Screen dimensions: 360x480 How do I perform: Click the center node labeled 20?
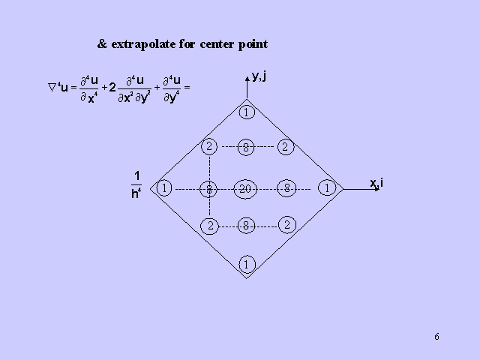[246, 189]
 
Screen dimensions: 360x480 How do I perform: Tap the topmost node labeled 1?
[247, 113]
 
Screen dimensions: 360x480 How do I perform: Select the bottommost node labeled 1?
[247, 263]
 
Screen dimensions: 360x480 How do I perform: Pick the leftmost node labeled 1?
[164, 188]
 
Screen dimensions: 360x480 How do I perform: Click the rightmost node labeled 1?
[327, 188]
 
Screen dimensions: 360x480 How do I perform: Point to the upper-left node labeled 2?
[209, 146]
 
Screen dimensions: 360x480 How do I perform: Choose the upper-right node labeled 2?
[285, 147]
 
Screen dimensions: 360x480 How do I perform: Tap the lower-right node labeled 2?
[286, 224]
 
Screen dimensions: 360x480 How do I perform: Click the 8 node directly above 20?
[246, 148]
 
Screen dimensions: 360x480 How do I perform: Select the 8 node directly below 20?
[246, 224]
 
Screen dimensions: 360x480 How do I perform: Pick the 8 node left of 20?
[209, 189]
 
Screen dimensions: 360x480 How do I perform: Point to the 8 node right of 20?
[286, 188]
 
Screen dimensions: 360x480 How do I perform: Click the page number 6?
[436, 336]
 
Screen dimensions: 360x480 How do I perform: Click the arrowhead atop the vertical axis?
[247, 76]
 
